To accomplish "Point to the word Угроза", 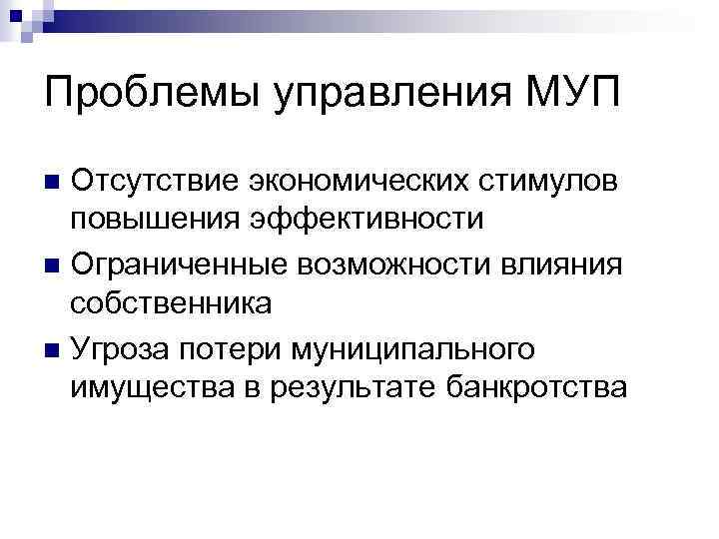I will point(125,348).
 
